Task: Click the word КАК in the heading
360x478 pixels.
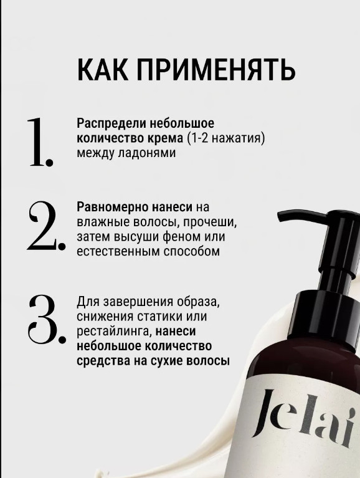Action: (x=103, y=70)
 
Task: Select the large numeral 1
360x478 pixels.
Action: (x=40, y=142)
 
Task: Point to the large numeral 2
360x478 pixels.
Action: (x=46, y=226)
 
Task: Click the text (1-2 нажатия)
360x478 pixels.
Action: (x=225, y=139)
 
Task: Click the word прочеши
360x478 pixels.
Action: (x=210, y=222)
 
